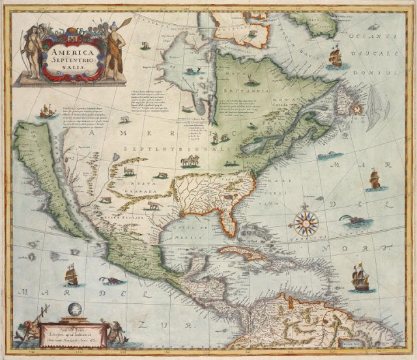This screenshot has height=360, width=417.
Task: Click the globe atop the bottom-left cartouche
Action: click(73, 310)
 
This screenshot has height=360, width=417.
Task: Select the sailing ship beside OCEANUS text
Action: click(335, 57)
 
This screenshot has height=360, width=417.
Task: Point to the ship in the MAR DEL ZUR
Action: click(71, 275)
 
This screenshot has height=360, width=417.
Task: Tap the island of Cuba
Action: click(241, 252)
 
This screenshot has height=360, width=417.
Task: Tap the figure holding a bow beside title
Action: click(29, 49)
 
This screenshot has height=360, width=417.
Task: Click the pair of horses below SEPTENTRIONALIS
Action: click(190, 160)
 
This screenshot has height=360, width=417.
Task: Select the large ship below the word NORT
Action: click(360, 279)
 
